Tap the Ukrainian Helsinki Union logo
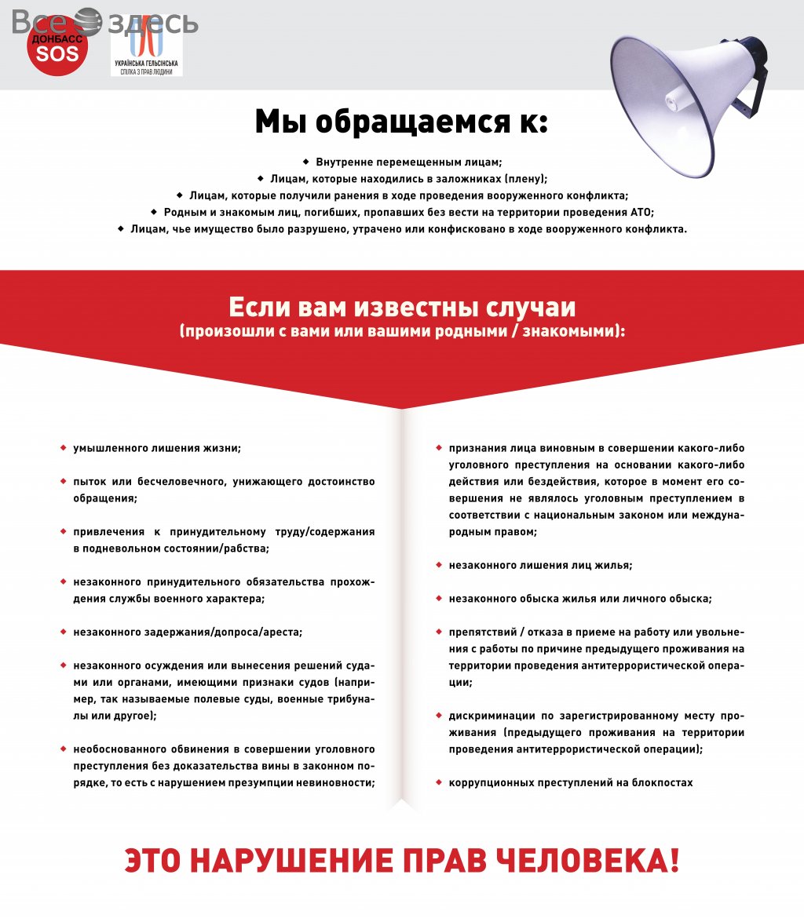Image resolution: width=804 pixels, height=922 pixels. pyautogui.click(x=146, y=49)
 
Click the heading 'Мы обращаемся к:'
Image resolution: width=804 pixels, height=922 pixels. pyautogui.click(x=401, y=122)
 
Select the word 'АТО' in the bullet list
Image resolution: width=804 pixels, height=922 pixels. pyautogui.click(x=641, y=212)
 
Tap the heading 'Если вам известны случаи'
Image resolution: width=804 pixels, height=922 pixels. pyautogui.click(x=402, y=306)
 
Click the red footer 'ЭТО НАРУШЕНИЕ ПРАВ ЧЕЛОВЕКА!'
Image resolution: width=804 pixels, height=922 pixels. pyautogui.click(x=401, y=861)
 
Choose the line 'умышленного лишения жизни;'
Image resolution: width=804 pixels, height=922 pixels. pyautogui.click(x=157, y=448)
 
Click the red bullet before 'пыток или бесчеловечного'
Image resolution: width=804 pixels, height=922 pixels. pyautogui.click(x=63, y=481)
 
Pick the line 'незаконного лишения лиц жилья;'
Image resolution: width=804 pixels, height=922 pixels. pyautogui.click(x=540, y=564)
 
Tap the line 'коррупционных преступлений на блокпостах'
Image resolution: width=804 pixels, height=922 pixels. pyautogui.click(x=571, y=782)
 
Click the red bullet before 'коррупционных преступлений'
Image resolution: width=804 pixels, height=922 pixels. pyautogui.click(x=439, y=782)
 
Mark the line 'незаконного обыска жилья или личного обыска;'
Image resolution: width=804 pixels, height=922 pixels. pyautogui.click(x=580, y=599)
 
